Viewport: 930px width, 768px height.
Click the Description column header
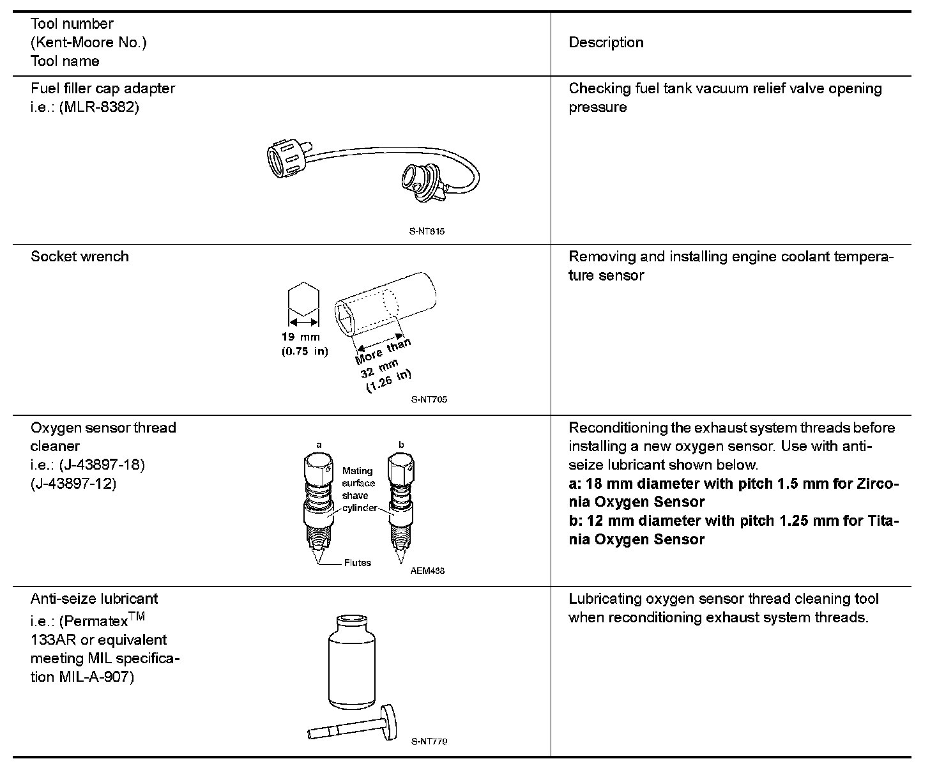click(x=606, y=43)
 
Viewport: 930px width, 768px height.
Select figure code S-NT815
click(x=427, y=231)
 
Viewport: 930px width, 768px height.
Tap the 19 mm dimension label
click(x=301, y=337)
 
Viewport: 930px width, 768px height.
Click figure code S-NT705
click(x=429, y=399)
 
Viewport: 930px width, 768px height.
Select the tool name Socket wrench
click(x=79, y=257)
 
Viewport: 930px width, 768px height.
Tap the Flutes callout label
click(x=357, y=563)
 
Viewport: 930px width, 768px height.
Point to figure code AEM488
click(x=427, y=571)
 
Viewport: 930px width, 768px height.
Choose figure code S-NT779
click(x=429, y=742)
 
